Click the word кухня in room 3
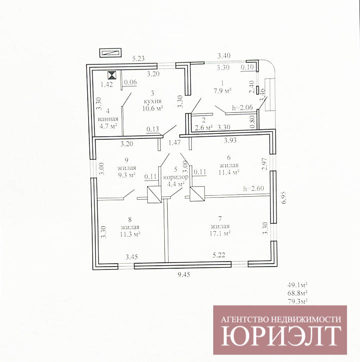152,101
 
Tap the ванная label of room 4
108,119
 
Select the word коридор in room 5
176,177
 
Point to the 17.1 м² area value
220,234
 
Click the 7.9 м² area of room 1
223,91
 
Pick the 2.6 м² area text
204,127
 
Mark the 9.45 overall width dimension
184,275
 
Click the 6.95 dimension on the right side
284,197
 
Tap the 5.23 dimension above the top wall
138,58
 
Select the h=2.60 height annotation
254,189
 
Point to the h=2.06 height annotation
243,107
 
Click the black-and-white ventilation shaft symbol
112,75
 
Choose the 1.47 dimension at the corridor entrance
174,143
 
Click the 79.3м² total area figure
298,301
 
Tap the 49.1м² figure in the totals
298,285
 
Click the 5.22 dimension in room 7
219,255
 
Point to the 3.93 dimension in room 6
230,140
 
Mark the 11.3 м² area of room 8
130,234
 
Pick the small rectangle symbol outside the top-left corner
110,53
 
